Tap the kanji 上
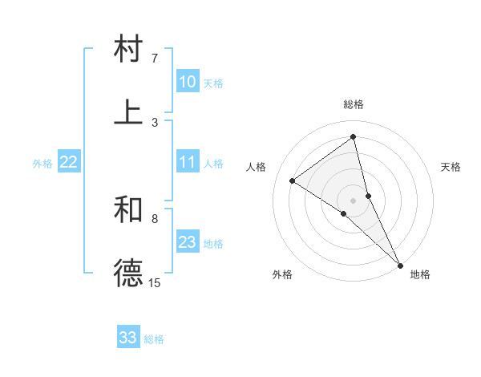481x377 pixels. click(x=128, y=111)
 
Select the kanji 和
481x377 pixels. click(x=128, y=209)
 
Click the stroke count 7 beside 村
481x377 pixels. click(x=155, y=59)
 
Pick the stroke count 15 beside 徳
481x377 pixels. click(x=155, y=282)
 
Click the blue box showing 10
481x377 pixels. click(x=188, y=82)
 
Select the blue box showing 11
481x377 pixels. click(x=188, y=162)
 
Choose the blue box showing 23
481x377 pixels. click(x=188, y=242)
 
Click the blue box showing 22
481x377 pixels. click(x=68, y=162)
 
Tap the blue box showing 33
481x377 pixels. click(x=127, y=338)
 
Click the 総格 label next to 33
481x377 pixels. click(x=155, y=339)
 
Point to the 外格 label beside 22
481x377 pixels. click(x=42, y=164)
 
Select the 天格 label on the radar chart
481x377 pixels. click(x=451, y=167)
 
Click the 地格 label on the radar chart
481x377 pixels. click(x=420, y=274)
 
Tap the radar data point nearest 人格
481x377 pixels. click(x=293, y=180)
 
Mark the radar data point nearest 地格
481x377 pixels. click(x=399, y=265)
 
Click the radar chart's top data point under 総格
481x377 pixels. click(x=354, y=136)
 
